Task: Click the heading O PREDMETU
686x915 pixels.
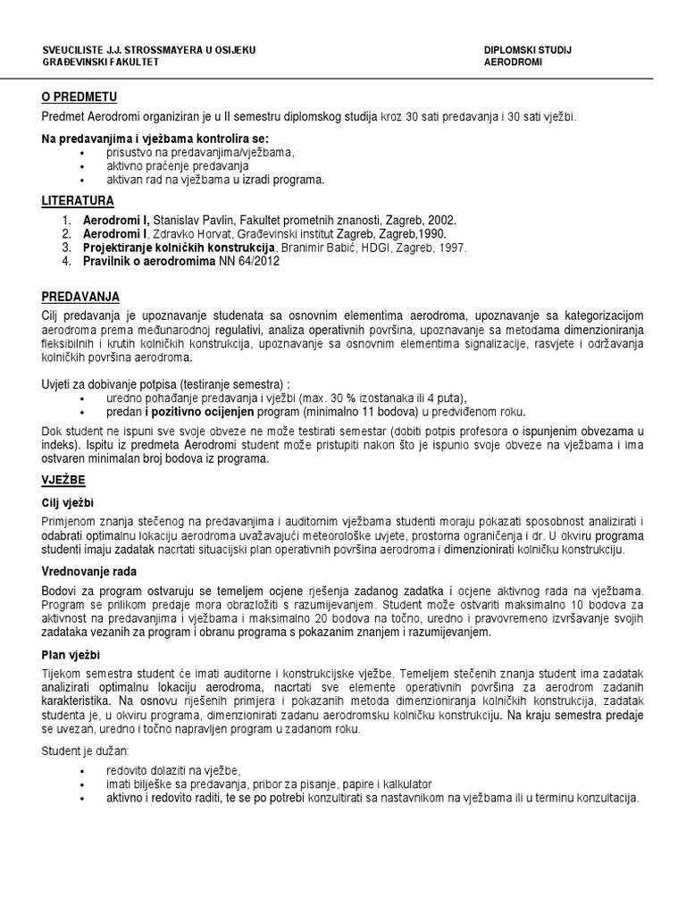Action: click(79, 97)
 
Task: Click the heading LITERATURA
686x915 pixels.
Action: click(78, 201)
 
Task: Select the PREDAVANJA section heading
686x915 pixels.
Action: click(81, 297)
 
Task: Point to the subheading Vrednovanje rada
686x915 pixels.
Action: click(89, 570)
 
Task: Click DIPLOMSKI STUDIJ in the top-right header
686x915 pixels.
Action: click(527, 50)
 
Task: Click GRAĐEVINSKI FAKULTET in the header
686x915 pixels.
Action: click(100, 63)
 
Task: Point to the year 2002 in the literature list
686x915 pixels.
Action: click(440, 219)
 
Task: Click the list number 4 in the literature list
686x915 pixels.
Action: click(66, 262)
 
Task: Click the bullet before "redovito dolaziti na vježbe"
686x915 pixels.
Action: click(82, 770)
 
